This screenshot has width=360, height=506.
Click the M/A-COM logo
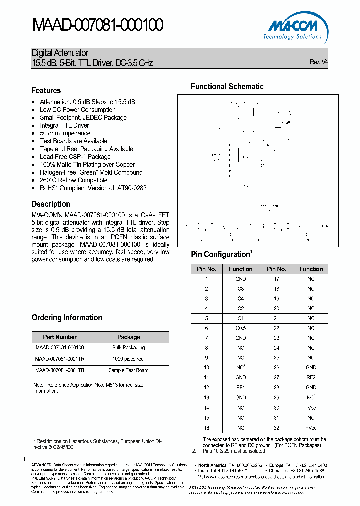[x=293, y=27]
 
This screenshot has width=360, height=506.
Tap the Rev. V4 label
[x=319, y=62]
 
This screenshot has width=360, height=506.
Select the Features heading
[x=46, y=90]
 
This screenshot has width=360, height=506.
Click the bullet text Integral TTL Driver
[x=64, y=125]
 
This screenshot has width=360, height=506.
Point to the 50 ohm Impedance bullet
[x=65, y=133]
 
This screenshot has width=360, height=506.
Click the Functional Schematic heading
[x=227, y=86]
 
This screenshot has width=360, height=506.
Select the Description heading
[x=51, y=204]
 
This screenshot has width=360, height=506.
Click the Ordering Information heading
[x=67, y=317]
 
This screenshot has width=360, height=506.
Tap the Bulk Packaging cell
[x=128, y=347]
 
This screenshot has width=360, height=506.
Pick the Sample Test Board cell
[x=128, y=370]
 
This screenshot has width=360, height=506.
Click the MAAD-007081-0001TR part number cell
[x=60, y=359]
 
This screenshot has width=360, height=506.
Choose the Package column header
[x=128, y=337]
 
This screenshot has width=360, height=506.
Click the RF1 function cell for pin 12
[x=241, y=387]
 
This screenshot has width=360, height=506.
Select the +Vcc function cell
[x=311, y=428]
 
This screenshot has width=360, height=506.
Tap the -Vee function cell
[x=311, y=407]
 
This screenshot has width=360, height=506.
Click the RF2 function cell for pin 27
[x=311, y=377]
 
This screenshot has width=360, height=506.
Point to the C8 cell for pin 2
[x=241, y=289]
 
